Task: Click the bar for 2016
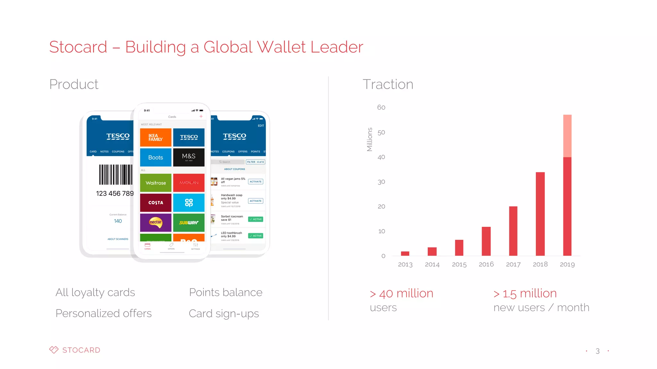[486, 241]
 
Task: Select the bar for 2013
[405, 253]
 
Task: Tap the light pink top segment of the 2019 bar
[567, 136]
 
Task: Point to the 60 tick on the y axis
[381, 107]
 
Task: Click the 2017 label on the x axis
[513, 264]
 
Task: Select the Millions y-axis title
[370, 139]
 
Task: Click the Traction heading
[388, 84]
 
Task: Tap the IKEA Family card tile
[156, 137]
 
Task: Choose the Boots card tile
[156, 157]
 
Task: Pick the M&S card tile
[189, 157]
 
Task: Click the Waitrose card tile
[156, 183]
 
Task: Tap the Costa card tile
[156, 202]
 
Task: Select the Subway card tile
[189, 222]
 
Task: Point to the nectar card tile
[156, 222]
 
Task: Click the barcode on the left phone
[115, 175]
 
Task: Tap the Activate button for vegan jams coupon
[255, 182]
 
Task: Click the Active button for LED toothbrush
[255, 236]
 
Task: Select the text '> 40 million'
[401, 293]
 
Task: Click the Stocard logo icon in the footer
[54, 350]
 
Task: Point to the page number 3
[597, 351]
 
